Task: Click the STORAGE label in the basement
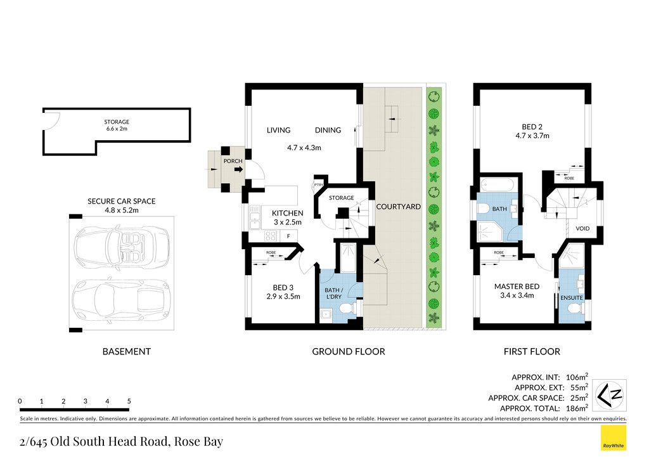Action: pyautogui.click(x=117, y=122)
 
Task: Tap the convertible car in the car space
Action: pyautogui.click(x=121, y=247)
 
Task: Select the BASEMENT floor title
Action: pyautogui.click(x=127, y=351)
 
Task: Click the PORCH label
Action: pyautogui.click(x=233, y=161)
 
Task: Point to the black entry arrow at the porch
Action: pyautogui.click(x=239, y=169)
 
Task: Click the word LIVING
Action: pyautogui.click(x=279, y=130)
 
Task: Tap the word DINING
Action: pyautogui.click(x=328, y=130)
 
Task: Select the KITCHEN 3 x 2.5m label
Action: pyautogui.click(x=288, y=217)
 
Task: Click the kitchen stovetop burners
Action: pyautogui.click(x=271, y=236)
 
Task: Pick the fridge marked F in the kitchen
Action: pyautogui.click(x=289, y=236)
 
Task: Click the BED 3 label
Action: pyautogui.click(x=283, y=287)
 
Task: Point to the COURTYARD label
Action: pyautogui.click(x=398, y=207)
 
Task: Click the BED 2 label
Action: pyautogui.click(x=532, y=127)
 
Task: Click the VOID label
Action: pyautogui.click(x=583, y=228)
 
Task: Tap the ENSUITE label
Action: pyautogui.click(x=572, y=297)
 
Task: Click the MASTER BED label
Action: pyautogui.click(x=517, y=287)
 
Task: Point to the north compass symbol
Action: pyautogui.click(x=611, y=395)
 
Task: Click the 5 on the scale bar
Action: pyautogui.click(x=129, y=401)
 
